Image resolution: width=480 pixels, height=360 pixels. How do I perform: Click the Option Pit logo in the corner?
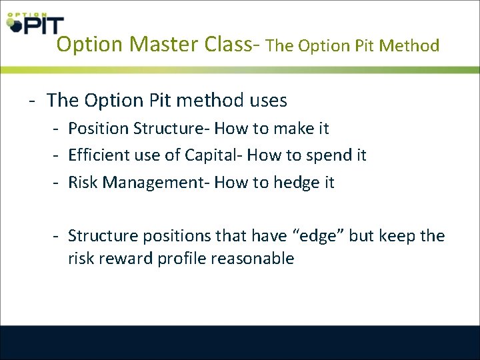(x=35, y=23)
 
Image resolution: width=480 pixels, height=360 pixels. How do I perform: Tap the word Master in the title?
(x=161, y=45)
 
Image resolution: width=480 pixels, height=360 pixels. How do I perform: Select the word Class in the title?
(x=227, y=45)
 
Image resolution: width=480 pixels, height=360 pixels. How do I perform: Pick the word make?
(x=293, y=128)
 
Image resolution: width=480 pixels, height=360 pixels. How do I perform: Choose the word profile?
(x=182, y=259)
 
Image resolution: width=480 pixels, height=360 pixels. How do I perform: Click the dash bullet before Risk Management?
(x=59, y=183)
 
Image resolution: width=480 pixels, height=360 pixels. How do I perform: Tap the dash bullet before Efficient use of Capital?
(x=59, y=155)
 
